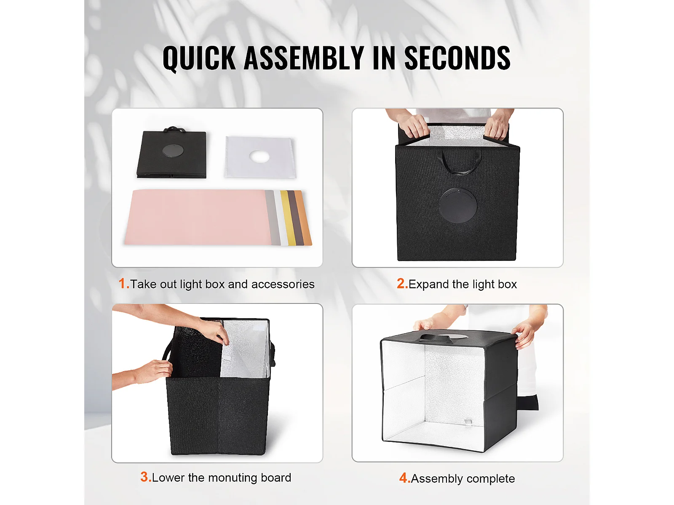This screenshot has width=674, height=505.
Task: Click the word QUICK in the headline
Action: tap(199, 58)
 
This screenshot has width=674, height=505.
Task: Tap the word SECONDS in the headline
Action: tap(457, 58)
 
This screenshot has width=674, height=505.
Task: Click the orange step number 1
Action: tap(123, 284)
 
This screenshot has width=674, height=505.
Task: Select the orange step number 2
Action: tap(402, 284)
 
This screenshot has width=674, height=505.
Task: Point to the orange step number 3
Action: tap(146, 477)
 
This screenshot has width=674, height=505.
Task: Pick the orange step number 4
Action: tap(405, 478)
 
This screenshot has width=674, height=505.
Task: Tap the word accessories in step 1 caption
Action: tap(283, 284)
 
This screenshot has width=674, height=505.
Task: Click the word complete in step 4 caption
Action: tap(488, 478)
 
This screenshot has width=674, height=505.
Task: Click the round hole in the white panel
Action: tap(259, 156)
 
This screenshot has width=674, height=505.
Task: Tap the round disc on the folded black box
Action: tap(173, 151)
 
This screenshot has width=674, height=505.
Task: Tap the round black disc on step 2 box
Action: tap(458, 205)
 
